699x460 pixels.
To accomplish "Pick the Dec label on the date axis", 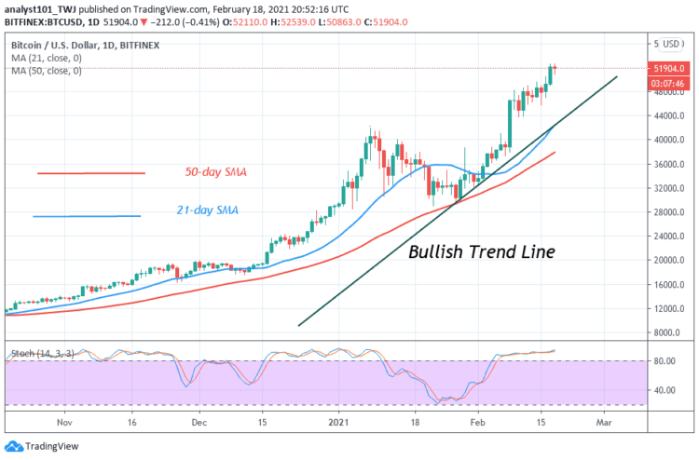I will click(x=199, y=422).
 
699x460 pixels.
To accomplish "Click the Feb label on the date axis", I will click(x=476, y=422).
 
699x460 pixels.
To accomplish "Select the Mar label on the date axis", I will click(x=603, y=422).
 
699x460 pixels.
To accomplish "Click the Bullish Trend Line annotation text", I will click(x=483, y=251).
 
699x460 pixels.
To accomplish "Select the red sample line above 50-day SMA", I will click(x=91, y=173).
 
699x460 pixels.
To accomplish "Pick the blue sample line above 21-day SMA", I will click(x=86, y=216).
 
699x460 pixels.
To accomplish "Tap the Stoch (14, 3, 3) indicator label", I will click(x=39, y=355).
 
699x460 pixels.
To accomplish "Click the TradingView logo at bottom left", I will click(x=42, y=446).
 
